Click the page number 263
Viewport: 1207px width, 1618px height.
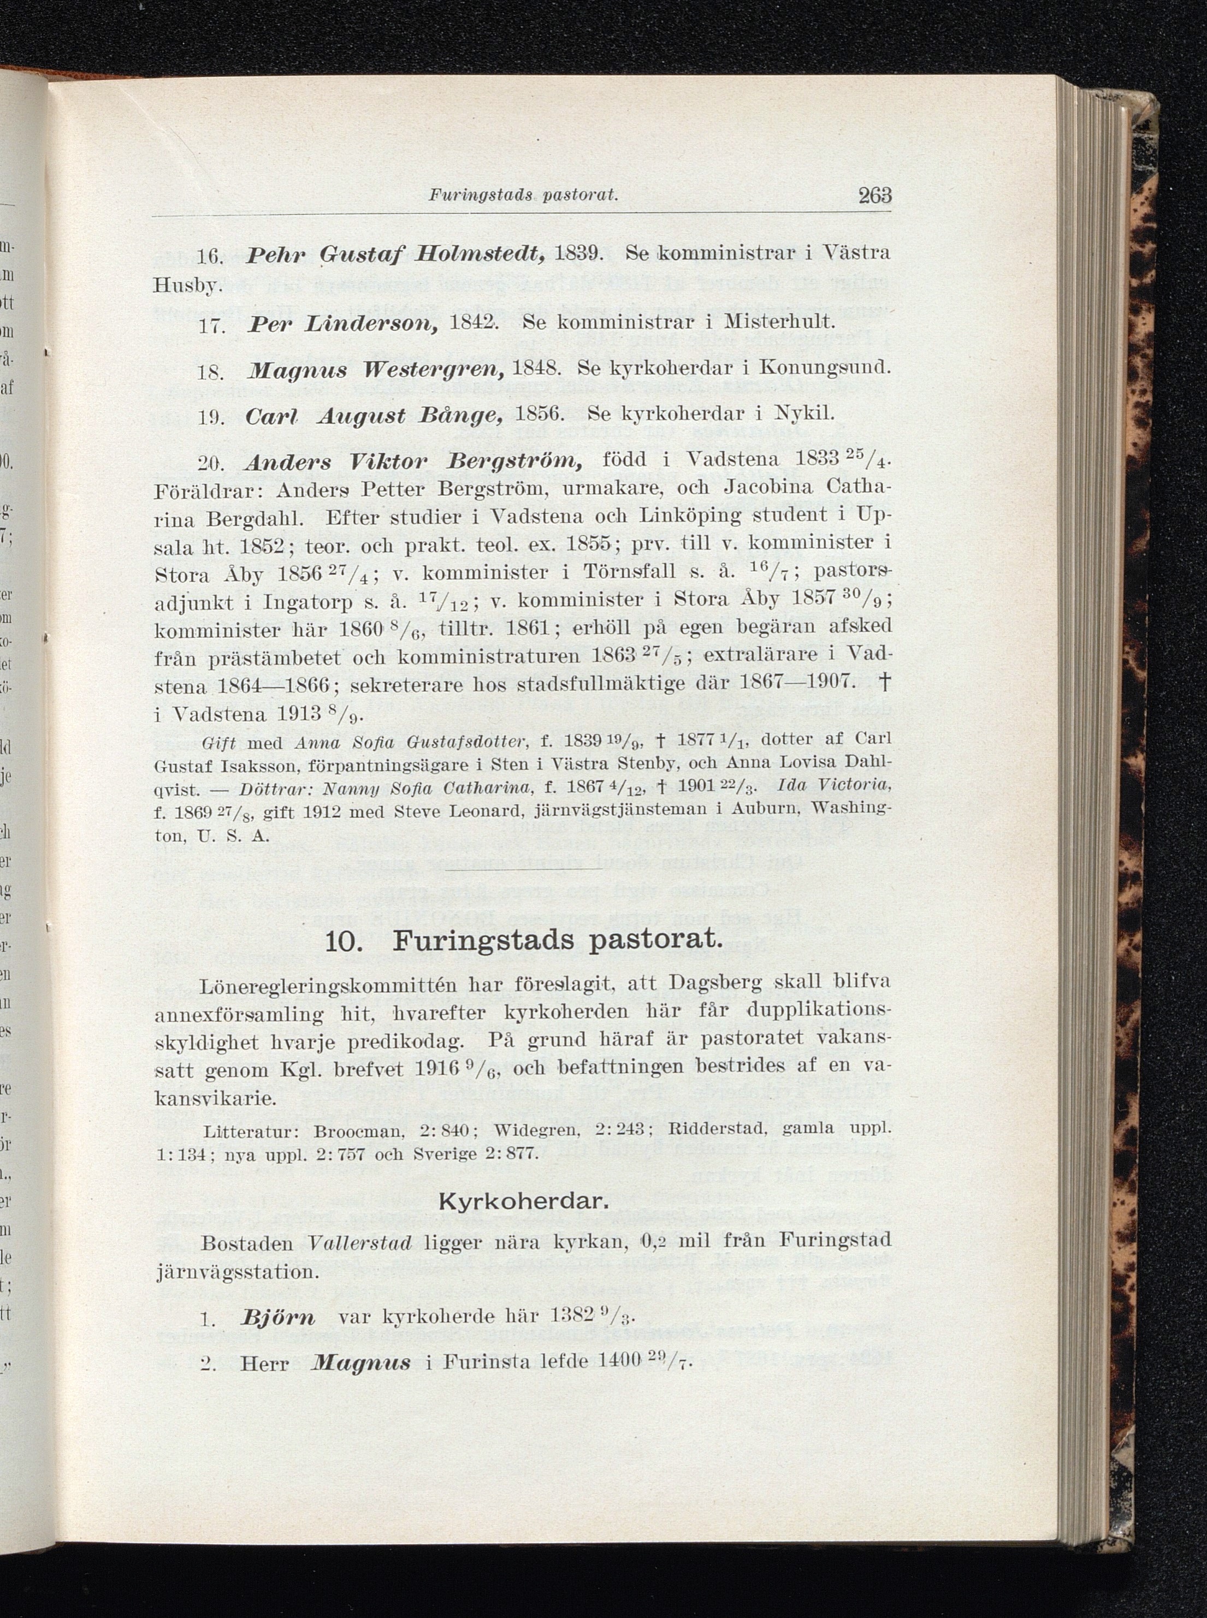(874, 196)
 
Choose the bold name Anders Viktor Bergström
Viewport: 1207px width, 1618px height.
(415, 461)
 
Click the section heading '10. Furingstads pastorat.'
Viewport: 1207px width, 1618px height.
(523, 940)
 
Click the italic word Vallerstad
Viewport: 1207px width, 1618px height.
(361, 1241)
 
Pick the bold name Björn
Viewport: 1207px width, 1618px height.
(279, 1318)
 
